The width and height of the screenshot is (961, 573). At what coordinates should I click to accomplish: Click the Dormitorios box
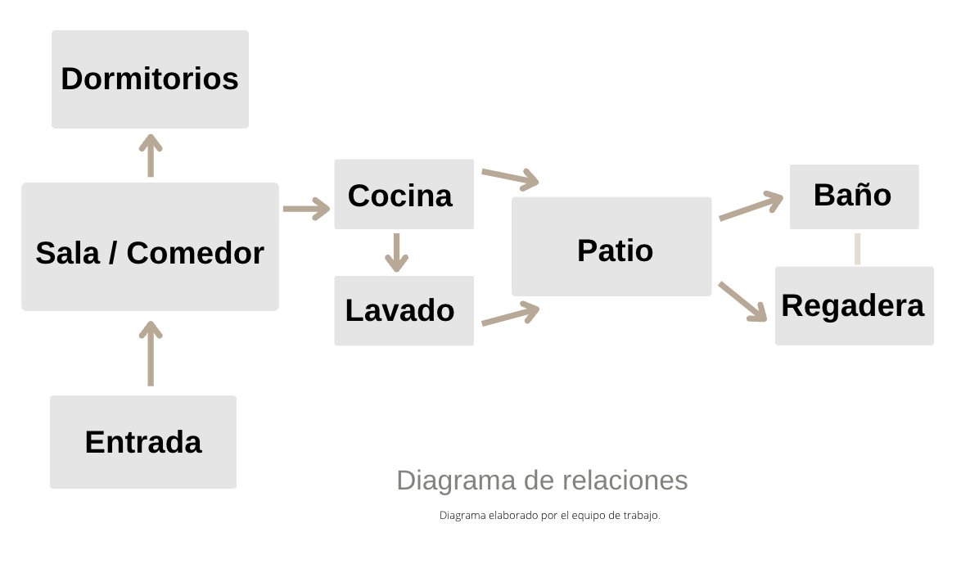click(150, 79)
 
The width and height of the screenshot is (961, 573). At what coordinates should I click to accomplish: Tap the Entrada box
click(143, 442)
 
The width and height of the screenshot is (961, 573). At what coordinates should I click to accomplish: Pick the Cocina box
click(404, 194)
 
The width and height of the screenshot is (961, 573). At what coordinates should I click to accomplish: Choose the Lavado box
click(404, 310)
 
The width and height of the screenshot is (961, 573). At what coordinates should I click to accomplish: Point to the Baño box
click(854, 196)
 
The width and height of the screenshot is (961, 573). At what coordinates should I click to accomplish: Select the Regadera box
click(854, 305)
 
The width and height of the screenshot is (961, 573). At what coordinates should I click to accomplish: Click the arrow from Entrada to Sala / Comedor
click(151, 354)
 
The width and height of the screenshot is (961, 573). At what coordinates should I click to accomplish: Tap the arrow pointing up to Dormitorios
click(151, 156)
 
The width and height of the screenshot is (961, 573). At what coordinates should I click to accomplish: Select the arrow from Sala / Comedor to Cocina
click(306, 209)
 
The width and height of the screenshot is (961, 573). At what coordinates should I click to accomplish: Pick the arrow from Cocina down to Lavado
click(396, 252)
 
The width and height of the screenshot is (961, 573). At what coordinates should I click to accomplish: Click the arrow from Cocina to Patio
click(510, 178)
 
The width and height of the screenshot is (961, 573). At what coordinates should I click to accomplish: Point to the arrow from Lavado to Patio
click(510, 314)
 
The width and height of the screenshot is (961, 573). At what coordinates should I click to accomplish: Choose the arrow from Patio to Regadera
click(742, 301)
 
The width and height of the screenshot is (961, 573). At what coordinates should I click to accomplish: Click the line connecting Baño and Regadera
click(857, 249)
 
